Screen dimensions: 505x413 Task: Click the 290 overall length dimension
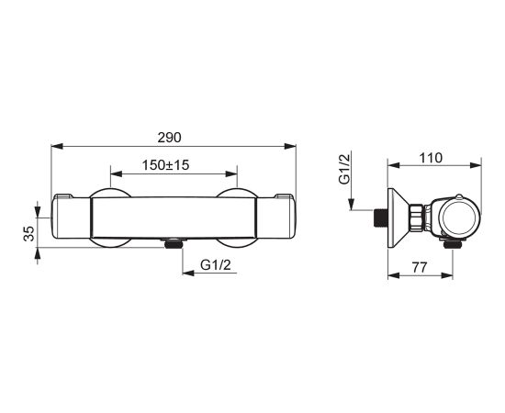(170, 138)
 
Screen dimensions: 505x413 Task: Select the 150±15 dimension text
(165, 165)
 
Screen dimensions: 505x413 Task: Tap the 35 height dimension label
(29, 234)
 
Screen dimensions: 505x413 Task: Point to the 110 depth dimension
(431, 158)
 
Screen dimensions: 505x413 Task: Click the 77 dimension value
(419, 267)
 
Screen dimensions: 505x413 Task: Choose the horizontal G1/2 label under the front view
(216, 265)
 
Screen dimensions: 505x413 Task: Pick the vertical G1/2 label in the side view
(344, 169)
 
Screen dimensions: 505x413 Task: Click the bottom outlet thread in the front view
(174, 243)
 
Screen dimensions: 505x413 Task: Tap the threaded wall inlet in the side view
(380, 218)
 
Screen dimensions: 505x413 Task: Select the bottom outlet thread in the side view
(452, 244)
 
